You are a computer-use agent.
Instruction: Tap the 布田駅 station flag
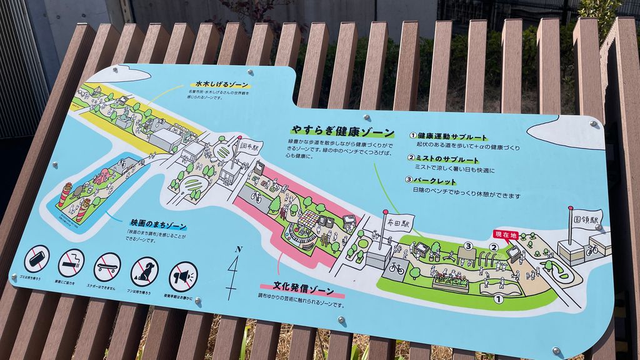[397, 222]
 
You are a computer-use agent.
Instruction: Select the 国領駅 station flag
[587, 219]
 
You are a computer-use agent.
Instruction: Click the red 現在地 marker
[506, 234]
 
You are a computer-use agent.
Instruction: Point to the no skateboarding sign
[107, 267]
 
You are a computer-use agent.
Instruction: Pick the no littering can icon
[37, 258]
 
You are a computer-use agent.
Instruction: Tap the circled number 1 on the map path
[498, 299]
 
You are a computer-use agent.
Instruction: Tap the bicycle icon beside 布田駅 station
[396, 268]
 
